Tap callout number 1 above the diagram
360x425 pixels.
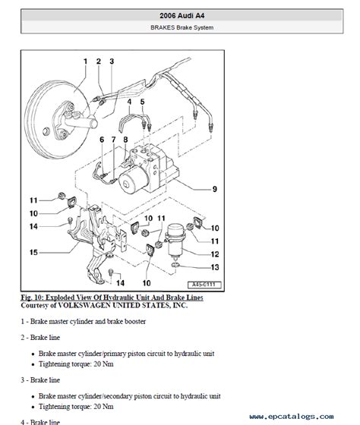coord(85,61)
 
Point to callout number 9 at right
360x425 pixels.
coord(215,188)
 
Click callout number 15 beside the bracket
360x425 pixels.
coord(33,252)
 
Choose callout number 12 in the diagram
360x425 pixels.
coord(215,253)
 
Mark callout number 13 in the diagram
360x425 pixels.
coord(215,268)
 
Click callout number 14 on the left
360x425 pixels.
coord(33,226)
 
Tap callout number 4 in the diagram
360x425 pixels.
coord(129,101)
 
